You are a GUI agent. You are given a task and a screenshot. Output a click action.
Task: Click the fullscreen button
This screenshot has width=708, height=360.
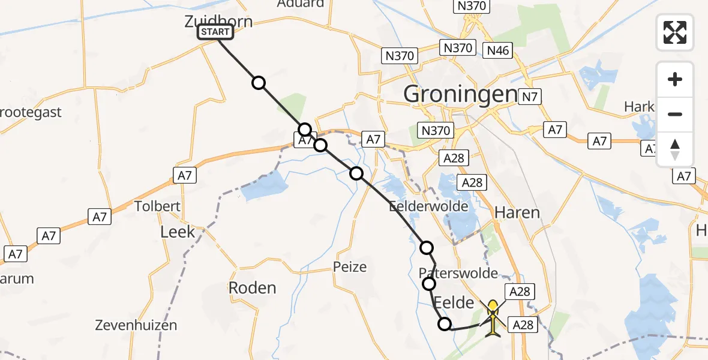(x=675, y=32)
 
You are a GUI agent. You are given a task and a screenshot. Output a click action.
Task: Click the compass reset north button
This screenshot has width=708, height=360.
(x=675, y=149)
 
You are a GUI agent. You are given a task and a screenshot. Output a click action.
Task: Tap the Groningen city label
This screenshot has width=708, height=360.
(x=460, y=94)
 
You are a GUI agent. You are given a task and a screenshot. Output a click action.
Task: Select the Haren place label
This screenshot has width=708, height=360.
(x=517, y=212)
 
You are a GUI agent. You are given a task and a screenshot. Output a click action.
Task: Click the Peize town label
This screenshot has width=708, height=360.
(x=350, y=266)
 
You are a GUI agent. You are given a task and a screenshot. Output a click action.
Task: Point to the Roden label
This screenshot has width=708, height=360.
(x=252, y=287)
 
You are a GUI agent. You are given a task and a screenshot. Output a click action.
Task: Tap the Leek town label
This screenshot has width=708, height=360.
(x=178, y=232)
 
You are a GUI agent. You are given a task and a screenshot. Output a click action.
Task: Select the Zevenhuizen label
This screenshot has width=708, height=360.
(x=136, y=326)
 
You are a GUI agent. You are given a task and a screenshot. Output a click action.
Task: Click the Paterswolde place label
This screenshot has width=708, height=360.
(x=458, y=274)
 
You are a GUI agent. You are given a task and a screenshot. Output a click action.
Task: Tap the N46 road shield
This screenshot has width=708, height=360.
(x=499, y=50)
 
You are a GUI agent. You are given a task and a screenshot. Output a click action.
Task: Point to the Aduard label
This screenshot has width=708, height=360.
(x=301, y=4)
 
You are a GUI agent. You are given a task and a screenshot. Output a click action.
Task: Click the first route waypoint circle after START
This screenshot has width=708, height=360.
(x=259, y=83)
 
